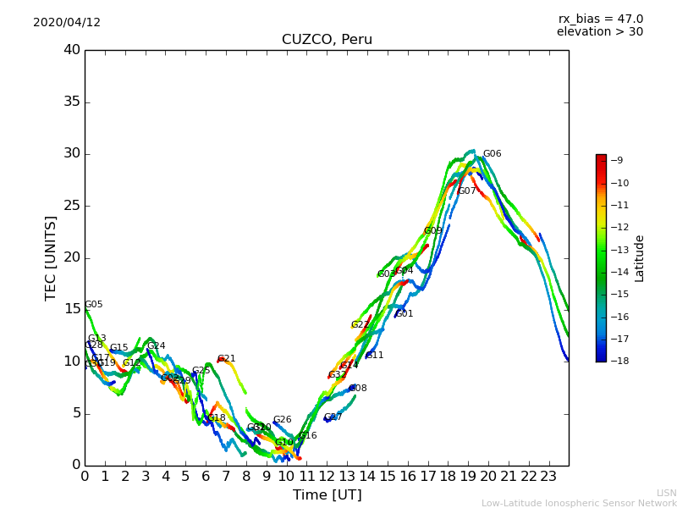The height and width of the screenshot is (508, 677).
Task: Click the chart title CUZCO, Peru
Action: (327, 40)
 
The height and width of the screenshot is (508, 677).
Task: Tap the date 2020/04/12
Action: (67, 23)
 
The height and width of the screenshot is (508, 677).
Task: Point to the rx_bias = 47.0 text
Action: (600, 19)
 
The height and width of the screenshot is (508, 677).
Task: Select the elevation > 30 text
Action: (599, 32)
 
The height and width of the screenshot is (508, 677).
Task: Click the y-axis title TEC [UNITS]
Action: (51, 257)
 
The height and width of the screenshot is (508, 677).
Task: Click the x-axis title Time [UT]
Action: (327, 495)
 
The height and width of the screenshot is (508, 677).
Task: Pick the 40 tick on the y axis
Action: (72, 50)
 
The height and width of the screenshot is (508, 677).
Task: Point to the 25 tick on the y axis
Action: (72, 206)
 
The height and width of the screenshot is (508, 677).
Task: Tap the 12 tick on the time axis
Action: (327, 476)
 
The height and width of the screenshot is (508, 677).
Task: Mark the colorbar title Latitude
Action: (640, 258)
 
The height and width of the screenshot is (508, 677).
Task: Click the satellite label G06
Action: (492, 154)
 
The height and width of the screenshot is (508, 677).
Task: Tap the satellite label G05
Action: (94, 305)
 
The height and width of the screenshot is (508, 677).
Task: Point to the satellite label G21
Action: (227, 359)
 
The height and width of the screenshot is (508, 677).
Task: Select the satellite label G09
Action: (432, 231)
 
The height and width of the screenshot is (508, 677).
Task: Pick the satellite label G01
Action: (405, 314)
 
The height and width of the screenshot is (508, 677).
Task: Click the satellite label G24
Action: (157, 346)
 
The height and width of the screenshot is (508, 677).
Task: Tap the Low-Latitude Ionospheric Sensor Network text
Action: (579, 503)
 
